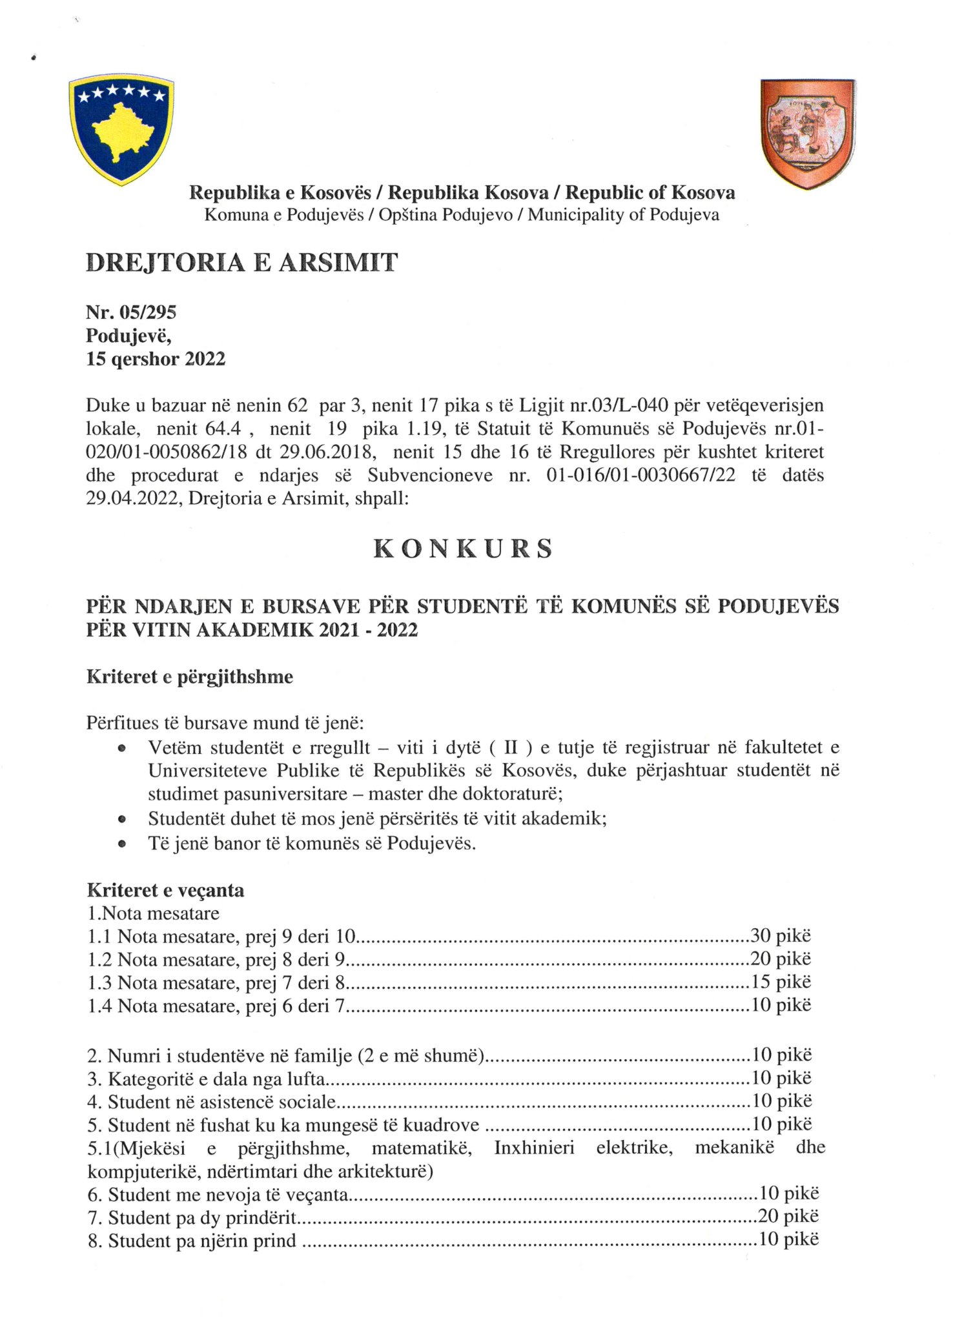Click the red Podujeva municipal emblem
pos(808,133)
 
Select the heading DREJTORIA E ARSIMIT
pos(241,263)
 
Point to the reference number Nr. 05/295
pos(131,312)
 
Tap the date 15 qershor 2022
pos(156,359)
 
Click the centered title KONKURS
pos(463,549)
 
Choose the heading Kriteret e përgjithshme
pos(190,677)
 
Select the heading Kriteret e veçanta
pos(165,891)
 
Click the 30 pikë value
pos(780,936)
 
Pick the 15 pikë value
pos(780,982)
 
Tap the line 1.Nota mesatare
pos(154,913)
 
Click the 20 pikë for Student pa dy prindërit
pos(788,1217)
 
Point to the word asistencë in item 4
pos(238,1101)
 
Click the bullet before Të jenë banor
pos(121,844)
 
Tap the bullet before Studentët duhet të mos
pos(121,820)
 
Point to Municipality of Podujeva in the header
pos(623,215)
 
